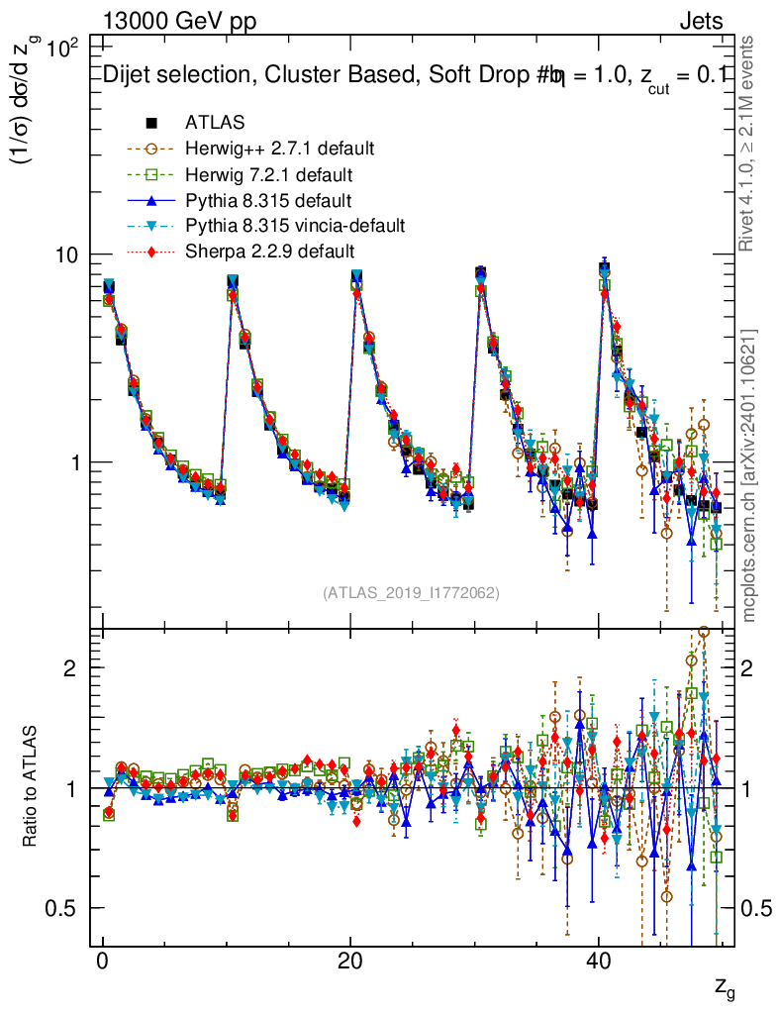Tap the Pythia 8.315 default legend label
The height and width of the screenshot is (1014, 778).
267,200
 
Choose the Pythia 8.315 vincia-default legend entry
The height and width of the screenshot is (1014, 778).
295,226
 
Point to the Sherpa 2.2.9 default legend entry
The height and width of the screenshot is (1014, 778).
269,252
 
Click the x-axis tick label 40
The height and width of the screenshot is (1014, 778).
597,963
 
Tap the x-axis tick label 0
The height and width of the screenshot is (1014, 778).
103,963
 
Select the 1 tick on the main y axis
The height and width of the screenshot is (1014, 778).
76,462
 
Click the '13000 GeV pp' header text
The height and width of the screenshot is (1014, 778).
179,22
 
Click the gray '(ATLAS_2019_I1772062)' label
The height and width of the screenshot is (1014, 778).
411,593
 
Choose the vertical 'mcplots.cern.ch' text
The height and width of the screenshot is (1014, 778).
749,475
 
